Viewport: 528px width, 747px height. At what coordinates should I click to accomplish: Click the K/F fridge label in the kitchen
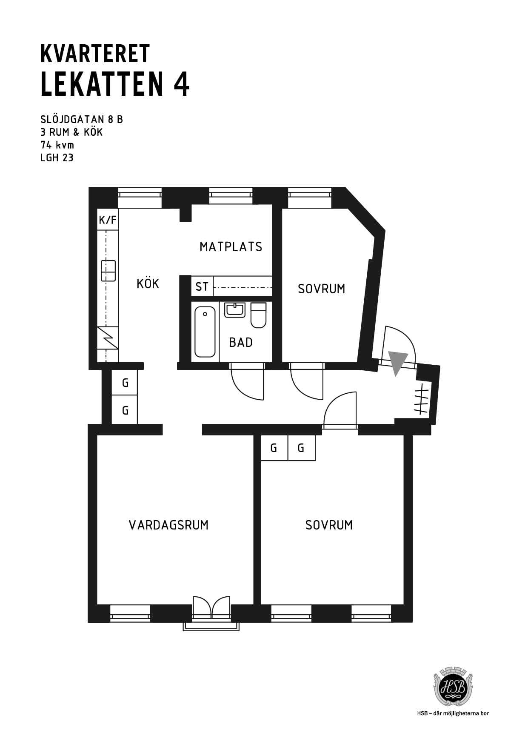tap(108, 220)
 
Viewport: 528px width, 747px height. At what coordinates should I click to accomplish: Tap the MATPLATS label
tap(231, 246)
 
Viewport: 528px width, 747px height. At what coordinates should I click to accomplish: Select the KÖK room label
tap(148, 283)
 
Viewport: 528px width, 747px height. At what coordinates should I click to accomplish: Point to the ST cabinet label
tap(202, 287)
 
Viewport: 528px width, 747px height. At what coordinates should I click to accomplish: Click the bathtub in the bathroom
tap(205, 332)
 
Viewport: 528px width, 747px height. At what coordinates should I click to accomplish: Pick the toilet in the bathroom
tap(258, 315)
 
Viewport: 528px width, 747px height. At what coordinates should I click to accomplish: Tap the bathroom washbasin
tap(235, 310)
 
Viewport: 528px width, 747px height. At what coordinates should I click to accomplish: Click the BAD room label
tap(241, 342)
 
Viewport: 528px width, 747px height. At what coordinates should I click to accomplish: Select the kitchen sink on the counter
tap(108, 271)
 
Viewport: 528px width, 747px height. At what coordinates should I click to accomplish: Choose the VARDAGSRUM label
tap(168, 525)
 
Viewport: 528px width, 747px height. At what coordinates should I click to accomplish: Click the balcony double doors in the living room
tap(211, 607)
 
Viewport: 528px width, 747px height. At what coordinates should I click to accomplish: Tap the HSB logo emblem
tap(453, 687)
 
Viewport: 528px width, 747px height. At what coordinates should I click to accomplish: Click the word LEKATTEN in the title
tap(102, 84)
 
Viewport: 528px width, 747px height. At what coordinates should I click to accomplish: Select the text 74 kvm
tap(57, 145)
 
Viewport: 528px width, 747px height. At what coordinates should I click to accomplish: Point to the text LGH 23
tap(57, 157)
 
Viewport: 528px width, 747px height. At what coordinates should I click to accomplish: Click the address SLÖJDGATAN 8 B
tap(82, 119)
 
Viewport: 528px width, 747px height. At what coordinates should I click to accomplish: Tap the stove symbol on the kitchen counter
tap(108, 338)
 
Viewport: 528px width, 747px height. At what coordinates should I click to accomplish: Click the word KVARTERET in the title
tap(95, 54)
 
